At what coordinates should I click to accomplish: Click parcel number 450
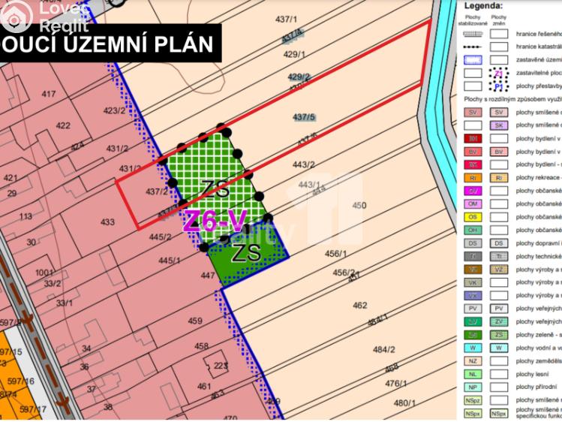tap(359, 205)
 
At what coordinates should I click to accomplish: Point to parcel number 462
tap(359, 305)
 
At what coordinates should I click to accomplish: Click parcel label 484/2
tap(383, 349)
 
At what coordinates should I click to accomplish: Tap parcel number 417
tap(49, 93)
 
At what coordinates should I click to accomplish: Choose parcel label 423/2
tap(114, 110)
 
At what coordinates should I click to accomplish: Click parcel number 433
tap(107, 222)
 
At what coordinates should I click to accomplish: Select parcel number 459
tap(195, 321)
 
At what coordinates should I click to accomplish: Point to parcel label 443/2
tap(302, 164)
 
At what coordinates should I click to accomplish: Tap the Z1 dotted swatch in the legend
tap(498, 74)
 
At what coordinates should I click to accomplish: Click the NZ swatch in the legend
tap(473, 360)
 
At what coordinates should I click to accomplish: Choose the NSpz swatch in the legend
tap(473, 400)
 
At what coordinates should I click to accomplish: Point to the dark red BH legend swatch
tap(473, 138)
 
